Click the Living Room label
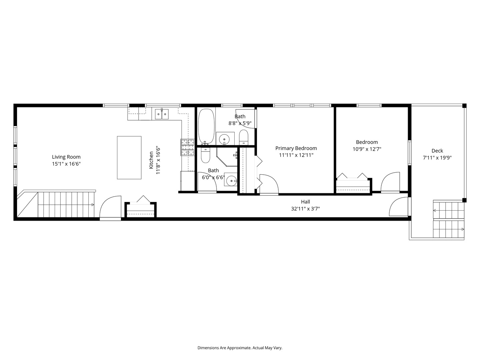(x=66, y=157)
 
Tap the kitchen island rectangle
(x=129, y=158)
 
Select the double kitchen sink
(x=162, y=114)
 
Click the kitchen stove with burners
(x=188, y=147)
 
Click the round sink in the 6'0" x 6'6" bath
(x=230, y=181)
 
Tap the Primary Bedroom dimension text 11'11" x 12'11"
(x=296, y=155)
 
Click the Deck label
(x=437, y=151)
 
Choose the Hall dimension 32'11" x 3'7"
(x=305, y=209)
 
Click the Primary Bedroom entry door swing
(x=269, y=184)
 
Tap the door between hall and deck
(x=399, y=207)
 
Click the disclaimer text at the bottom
(x=240, y=348)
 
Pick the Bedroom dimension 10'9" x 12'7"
(x=367, y=149)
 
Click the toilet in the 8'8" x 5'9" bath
(x=244, y=137)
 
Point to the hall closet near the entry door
(x=140, y=210)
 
